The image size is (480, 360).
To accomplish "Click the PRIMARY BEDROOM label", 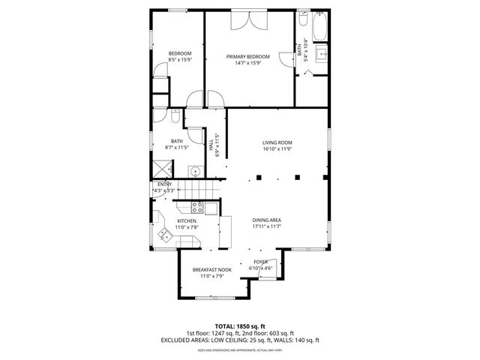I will (248, 57).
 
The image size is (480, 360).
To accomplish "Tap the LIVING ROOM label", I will (277, 142).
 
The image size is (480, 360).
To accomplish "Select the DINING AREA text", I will (266, 220).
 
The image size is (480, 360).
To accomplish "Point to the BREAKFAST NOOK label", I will (212, 270).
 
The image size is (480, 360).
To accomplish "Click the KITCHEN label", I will (186, 220).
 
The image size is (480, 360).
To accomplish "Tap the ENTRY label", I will (164, 184).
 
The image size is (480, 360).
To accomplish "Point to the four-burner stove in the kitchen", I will (199, 206).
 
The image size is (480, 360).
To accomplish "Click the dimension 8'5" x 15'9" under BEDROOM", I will (180, 59).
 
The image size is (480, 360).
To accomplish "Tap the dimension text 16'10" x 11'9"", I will (277, 148).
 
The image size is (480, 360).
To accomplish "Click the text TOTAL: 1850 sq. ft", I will (239, 326).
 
